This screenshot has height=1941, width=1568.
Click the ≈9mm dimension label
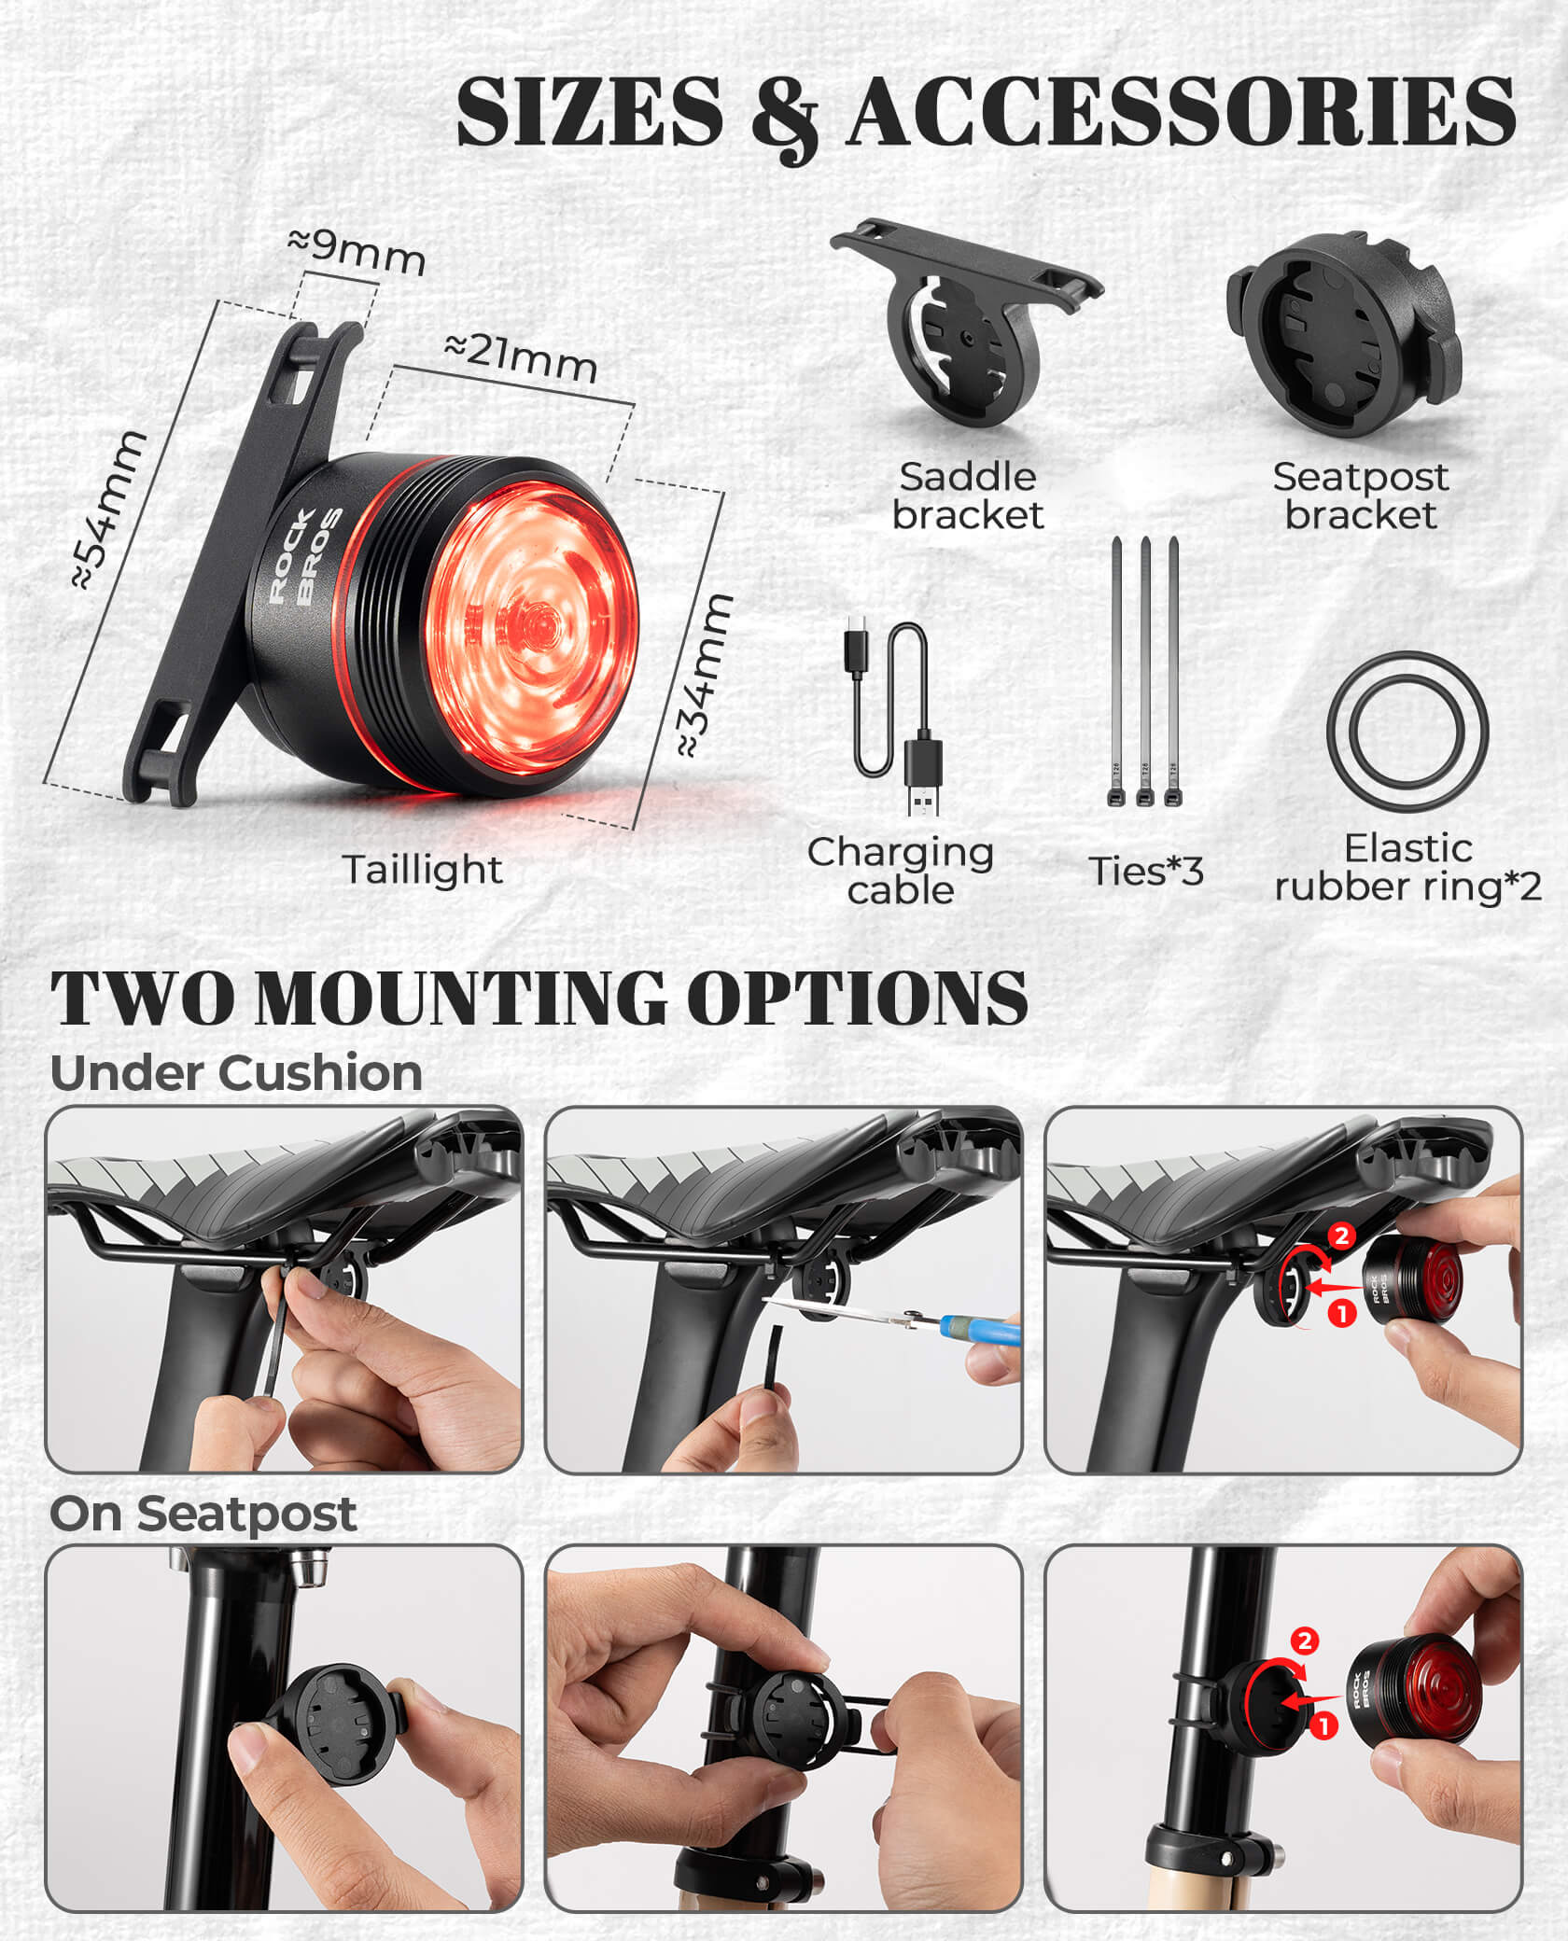point(357,251)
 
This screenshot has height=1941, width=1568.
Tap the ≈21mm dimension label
point(521,356)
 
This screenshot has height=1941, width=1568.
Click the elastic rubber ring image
point(1407,731)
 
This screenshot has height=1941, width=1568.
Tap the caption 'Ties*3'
point(1146,871)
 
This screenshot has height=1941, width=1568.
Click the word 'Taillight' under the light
point(423,870)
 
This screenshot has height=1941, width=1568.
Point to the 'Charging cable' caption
point(901,870)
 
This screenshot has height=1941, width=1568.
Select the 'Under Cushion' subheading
point(236,1073)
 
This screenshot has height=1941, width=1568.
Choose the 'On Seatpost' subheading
point(203,1514)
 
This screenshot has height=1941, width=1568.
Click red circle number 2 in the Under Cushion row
point(1341,1236)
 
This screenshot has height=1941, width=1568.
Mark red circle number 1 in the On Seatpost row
point(1323,1726)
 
